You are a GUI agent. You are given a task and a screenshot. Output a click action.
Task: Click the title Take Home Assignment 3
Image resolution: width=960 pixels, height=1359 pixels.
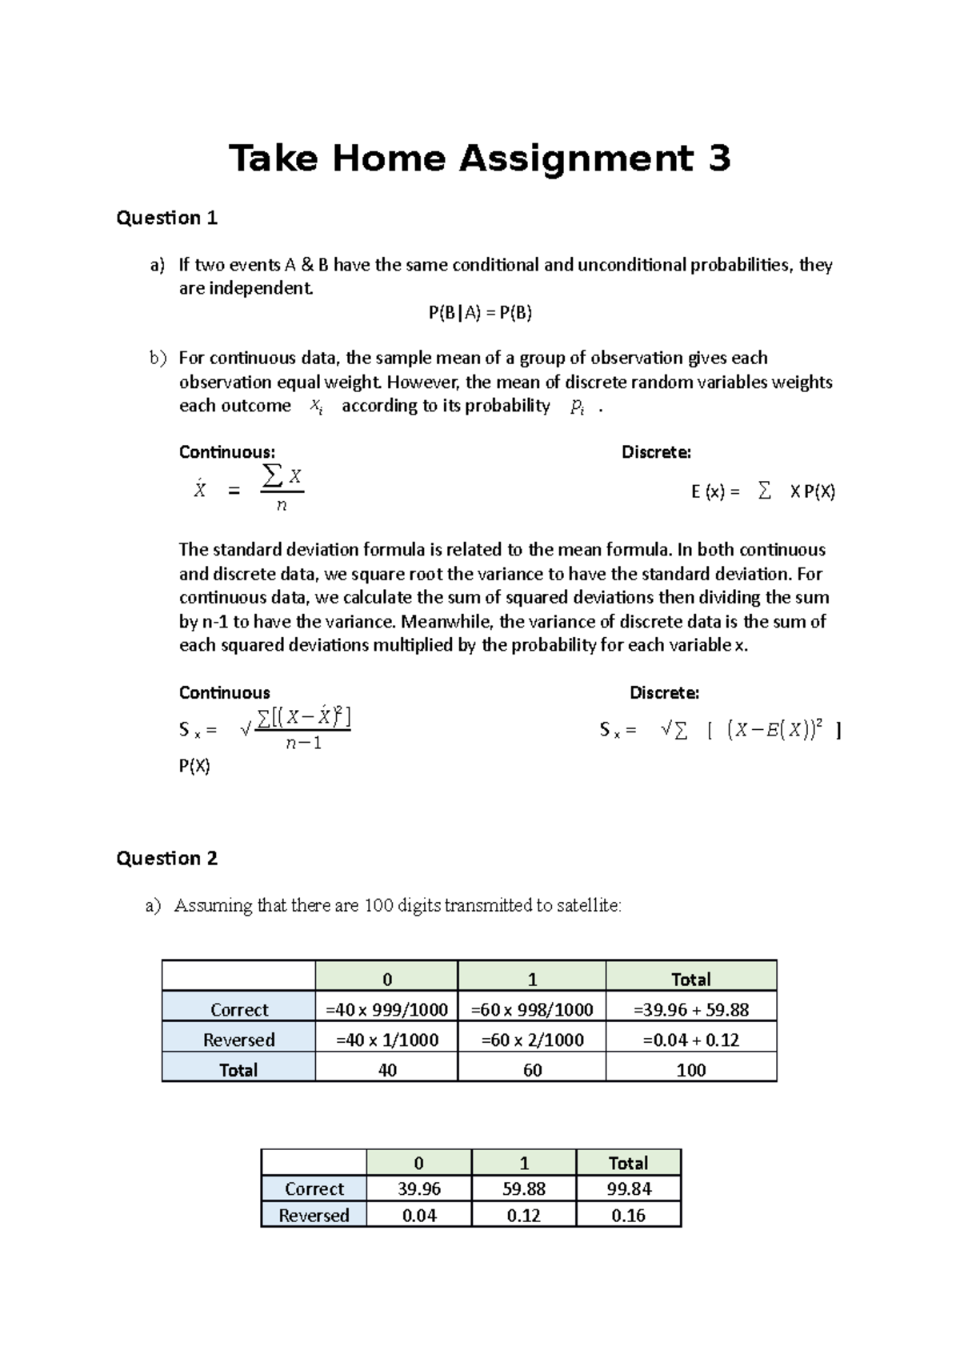(x=479, y=158)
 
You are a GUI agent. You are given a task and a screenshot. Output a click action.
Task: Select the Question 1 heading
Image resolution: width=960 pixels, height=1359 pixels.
(x=166, y=218)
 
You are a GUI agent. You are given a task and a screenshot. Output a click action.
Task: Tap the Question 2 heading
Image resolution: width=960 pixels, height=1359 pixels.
(x=166, y=858)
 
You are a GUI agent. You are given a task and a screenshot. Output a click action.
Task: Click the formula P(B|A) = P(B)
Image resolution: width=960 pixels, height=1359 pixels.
(x=480, y=313)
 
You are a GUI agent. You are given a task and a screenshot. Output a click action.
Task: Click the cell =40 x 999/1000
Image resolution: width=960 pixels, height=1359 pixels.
(x=386, y=1009)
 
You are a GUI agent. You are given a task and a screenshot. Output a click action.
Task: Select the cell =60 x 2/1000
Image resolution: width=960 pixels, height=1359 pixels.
(x=532, y=1040)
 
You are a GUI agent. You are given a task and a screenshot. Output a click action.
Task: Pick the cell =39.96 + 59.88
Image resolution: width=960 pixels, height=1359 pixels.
(x=690, y=1009)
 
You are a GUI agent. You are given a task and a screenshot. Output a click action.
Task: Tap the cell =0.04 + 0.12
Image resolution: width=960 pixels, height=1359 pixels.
(x=690, y=1040)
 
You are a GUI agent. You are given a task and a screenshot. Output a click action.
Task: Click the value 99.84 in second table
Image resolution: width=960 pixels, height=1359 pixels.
(x=629, y=1189)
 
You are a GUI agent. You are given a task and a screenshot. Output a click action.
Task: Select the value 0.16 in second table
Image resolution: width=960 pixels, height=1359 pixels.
(x=629, y=1215)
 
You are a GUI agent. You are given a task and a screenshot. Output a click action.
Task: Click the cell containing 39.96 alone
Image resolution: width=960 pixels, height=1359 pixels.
(x=419, y=1189)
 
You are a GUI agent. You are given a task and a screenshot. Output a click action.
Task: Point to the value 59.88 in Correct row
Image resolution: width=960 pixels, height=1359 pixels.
(x=524, y=1189)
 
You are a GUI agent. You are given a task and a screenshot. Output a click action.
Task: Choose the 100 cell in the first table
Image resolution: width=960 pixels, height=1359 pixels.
(x=690, y=1070)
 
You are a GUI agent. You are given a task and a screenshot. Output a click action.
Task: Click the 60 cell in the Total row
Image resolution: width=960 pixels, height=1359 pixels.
(x=532, y=1070)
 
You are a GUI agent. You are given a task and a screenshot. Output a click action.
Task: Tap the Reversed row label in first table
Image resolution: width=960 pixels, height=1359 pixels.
(x=238, y=1040)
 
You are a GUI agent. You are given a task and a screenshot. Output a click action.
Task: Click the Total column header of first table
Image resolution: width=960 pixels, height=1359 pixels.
(x=690, y=979)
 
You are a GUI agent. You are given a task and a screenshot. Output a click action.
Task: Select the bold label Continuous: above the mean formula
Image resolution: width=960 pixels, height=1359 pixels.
(x=226, y=452)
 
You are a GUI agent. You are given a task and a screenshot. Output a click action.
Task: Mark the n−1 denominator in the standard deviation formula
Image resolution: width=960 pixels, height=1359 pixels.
(x=304, y=744)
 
